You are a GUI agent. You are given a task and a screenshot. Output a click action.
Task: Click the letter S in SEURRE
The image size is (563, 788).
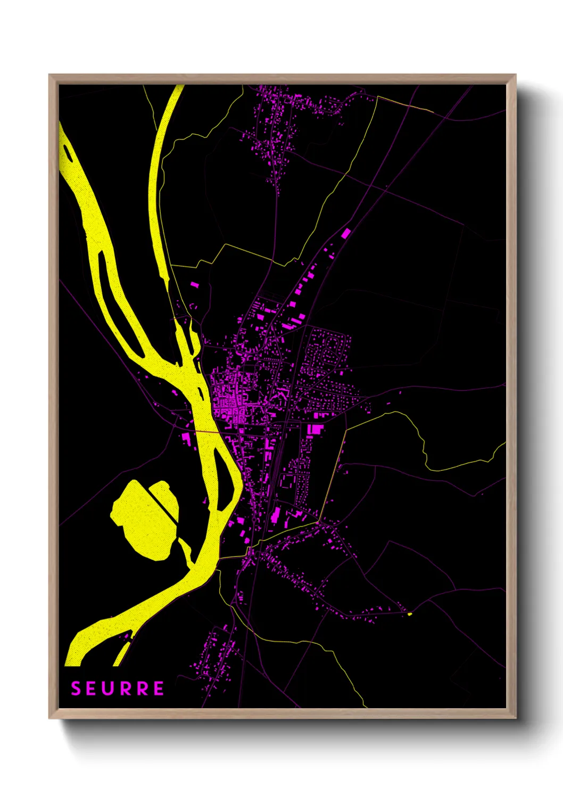(x=76, y=688)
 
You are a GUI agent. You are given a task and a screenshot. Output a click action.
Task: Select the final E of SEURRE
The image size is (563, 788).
(x=159, y=688)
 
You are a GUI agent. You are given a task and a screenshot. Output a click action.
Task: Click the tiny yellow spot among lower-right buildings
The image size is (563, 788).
(x=410, y=614)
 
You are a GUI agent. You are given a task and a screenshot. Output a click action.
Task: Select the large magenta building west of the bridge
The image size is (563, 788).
(x=186, y=438)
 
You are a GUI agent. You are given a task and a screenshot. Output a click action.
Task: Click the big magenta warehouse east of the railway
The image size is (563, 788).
(x=316, y=429)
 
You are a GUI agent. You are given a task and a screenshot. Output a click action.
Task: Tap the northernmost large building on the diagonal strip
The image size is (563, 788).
(x=346, y=233)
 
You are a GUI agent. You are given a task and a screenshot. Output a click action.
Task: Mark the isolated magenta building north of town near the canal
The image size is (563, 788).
(x=195, y=285)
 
